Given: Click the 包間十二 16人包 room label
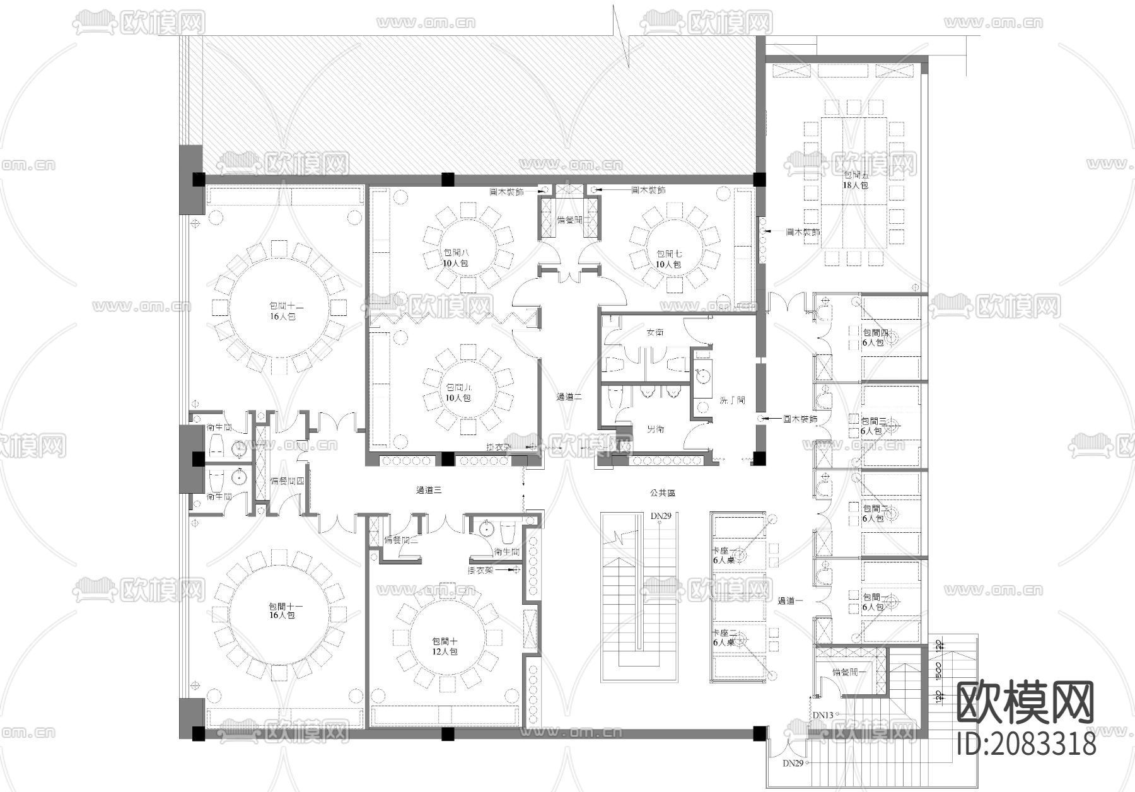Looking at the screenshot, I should [x=282, y=311].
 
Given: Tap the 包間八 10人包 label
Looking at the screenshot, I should [x=455, y=258].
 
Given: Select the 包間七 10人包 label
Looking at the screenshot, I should [x=668, y=259].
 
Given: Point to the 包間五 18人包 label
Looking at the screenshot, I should [x=856, y=180].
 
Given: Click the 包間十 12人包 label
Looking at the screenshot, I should [x=445, y=646].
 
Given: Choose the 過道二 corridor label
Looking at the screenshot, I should [x=568, y=397].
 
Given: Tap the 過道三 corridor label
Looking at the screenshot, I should [x=429, y=490].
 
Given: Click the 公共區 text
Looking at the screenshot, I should [x=663, y=493].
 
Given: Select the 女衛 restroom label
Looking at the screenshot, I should [x=655, y=332].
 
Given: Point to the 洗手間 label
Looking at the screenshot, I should [x=732, y=400].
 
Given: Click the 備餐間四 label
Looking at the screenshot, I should [x=288, y=481].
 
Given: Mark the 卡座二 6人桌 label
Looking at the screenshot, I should [x=724, y=638].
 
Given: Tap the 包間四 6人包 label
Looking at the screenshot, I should [x=875, y=337].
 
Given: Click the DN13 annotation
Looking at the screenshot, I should [x=822, y=715].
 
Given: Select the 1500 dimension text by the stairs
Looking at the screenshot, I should [x=939, y=672].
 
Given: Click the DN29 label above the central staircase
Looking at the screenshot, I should [x=661, y=516].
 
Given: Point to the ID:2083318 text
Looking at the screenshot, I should [x=1027, y=743].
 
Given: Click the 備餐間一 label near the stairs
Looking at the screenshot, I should [x=849, y=673].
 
